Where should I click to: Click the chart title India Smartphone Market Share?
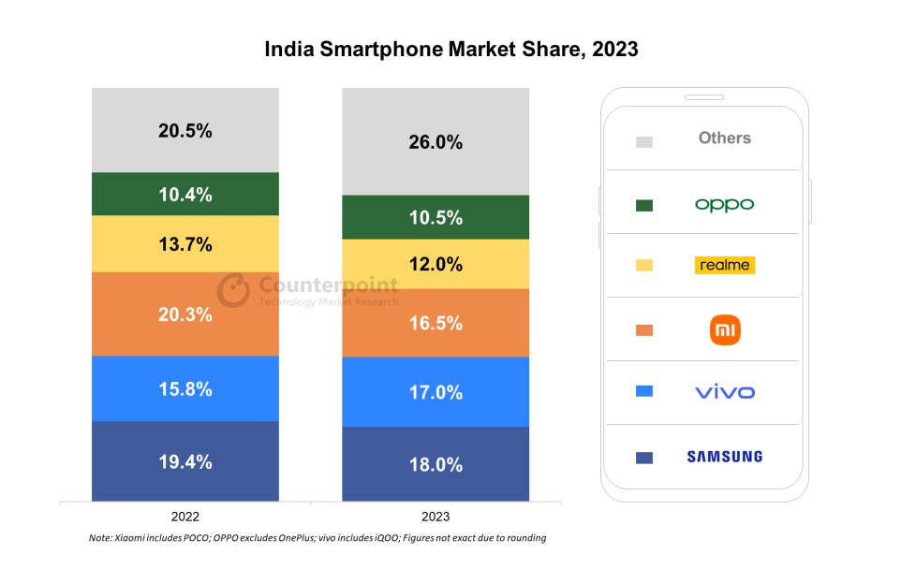tap(450, 49)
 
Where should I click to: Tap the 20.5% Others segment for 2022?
tap(185, 130)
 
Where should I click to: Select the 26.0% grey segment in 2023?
tap(436, 142)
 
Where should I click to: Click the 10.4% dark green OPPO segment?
tap(185, 195)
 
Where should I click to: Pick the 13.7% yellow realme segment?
tap(185, 244)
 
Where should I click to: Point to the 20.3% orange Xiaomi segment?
tap(185, 314)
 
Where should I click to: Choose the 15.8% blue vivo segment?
tap(185, 388)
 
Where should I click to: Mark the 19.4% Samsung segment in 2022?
tap(185, 461)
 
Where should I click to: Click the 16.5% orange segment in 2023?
tap(436, 323)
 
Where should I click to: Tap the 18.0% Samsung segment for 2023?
tap(436, 464)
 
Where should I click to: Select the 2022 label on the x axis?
tap(185, 517)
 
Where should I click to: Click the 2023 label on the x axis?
tap(436, 517)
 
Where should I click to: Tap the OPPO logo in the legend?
tap(724, 204)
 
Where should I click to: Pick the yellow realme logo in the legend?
tap(724, 265)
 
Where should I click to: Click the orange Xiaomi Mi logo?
tap(725, 329)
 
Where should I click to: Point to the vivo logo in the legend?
tap(724, 392)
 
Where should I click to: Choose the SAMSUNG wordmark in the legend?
tap(724, 457)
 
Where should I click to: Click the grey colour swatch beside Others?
tap(643, 141)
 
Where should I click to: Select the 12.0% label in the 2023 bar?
tap(436, 264)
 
